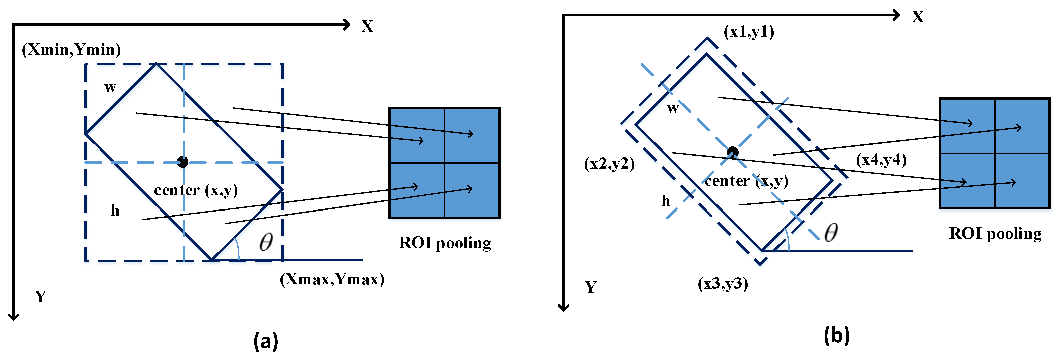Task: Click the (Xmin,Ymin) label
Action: (x=71, y=50)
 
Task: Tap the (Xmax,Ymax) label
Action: (x=332, y=279)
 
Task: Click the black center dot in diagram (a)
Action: (x=183, y=162)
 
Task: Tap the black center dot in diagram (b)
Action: (x=733, y=153)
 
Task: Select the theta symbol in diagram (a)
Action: (x=266, y=242)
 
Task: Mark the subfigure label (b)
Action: (x=836, y=335)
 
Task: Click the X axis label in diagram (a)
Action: (x=367, y=27)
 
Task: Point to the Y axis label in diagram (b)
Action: (x=590, y=287)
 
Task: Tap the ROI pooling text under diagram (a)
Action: (x=445, y=243)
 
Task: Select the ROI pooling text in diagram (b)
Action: (x=995, y=234)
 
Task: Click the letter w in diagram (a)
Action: (x=110, y=87)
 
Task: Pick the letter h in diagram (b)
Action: (x=665, y=201)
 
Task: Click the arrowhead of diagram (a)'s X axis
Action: (x=347, y=25)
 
